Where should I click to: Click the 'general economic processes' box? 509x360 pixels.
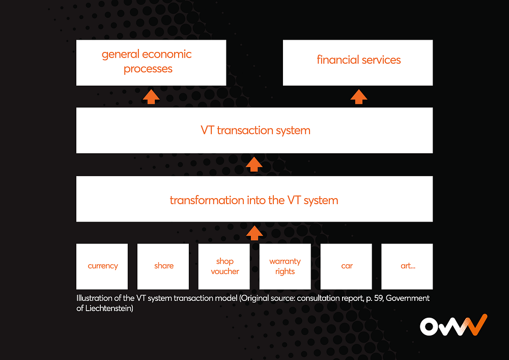151,63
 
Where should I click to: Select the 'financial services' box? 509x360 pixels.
358,63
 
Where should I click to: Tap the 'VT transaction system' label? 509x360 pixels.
255,130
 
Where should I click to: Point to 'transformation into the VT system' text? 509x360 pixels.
254,200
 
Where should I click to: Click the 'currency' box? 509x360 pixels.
102,266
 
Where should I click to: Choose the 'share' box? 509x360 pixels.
163,266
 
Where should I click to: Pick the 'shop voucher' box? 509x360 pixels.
224,266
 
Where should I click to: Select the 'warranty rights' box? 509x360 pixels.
285,266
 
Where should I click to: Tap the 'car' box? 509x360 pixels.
347,266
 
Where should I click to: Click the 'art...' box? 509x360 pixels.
407,266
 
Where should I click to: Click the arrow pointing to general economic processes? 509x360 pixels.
151,97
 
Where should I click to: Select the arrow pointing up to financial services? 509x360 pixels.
359,97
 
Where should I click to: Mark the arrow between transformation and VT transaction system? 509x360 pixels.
254,164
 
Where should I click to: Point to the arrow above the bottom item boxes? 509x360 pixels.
254,233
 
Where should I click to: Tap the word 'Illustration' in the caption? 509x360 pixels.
95,298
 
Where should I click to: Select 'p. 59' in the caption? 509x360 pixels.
371,298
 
